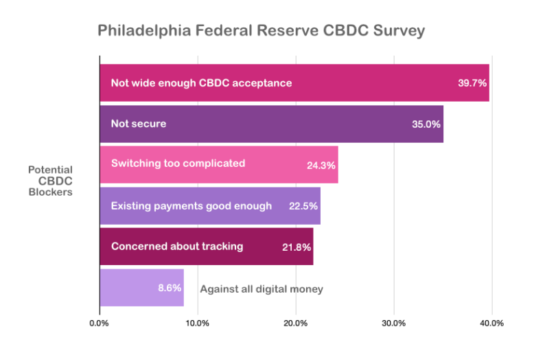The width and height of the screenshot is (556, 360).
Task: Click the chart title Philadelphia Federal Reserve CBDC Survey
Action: (x=262, y=31)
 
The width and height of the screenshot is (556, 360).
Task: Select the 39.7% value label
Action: (x=472, y=83)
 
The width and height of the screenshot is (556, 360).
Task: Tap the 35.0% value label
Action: (x=426, y=124)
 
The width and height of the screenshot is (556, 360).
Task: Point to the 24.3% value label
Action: (x=321, y=165)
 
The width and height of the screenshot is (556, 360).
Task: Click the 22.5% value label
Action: (x=303, y=206)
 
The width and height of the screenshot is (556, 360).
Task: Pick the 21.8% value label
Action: (x=297, y=247)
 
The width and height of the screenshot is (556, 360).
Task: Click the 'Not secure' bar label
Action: (x=139, y=124)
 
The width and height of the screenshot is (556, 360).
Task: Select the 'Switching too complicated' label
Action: (x=178, y=164)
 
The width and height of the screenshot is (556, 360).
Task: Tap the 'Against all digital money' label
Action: (x=261, y=289)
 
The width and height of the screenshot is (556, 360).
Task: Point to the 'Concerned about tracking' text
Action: (x=177, y=246)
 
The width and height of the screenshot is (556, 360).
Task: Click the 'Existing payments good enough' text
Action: (x=192, y=205)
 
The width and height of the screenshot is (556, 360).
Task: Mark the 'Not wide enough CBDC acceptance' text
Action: (x=201, y=83)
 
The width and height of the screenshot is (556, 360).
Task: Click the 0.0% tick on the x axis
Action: (x=100, y=322)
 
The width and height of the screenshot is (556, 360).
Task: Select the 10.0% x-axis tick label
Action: (x=198, y=322)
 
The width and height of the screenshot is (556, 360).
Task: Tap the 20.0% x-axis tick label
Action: (x=296, y=322)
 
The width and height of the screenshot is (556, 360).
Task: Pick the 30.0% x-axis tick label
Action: (x=394, y=322)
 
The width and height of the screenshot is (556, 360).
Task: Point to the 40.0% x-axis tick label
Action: (x=492, y=322)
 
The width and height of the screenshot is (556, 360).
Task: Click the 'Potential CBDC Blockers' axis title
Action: (x=50, y=181)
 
